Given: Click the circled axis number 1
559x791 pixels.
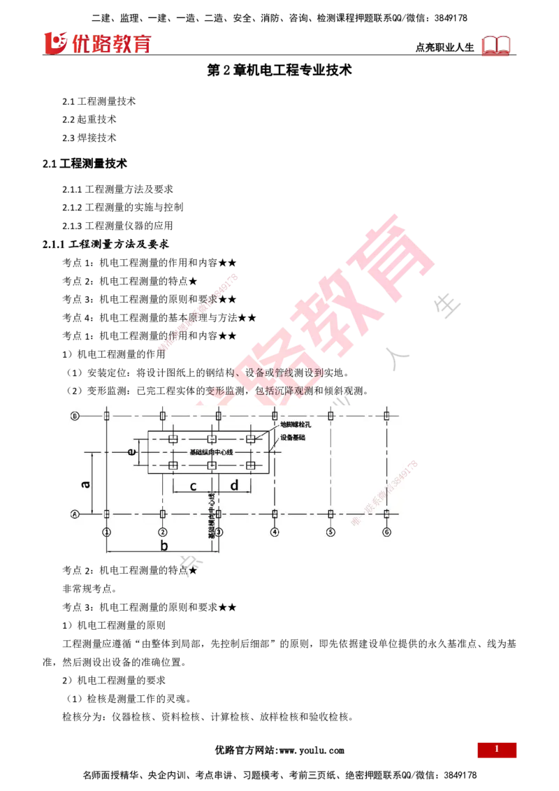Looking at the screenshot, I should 106,532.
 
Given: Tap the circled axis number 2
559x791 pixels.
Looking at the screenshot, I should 162,532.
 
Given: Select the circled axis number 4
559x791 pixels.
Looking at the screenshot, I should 275,532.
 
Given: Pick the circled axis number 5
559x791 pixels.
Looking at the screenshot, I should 331,532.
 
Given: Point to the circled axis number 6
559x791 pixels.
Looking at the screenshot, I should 386,532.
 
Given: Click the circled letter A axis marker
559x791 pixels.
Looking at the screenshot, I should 74,514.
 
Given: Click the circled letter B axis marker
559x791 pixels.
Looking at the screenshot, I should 74,416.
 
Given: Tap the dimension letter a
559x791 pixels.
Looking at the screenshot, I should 85,483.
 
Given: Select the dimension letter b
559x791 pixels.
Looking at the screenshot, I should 164,545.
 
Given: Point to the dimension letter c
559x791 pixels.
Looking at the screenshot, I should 193,485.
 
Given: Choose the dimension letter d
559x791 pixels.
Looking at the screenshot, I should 234,485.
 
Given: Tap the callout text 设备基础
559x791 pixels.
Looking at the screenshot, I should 293,437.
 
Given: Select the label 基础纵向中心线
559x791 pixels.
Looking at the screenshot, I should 211,453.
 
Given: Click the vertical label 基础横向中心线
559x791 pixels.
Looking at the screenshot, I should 212,514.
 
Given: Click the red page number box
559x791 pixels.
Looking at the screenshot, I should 497,750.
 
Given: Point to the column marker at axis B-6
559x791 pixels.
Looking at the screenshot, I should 386,416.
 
